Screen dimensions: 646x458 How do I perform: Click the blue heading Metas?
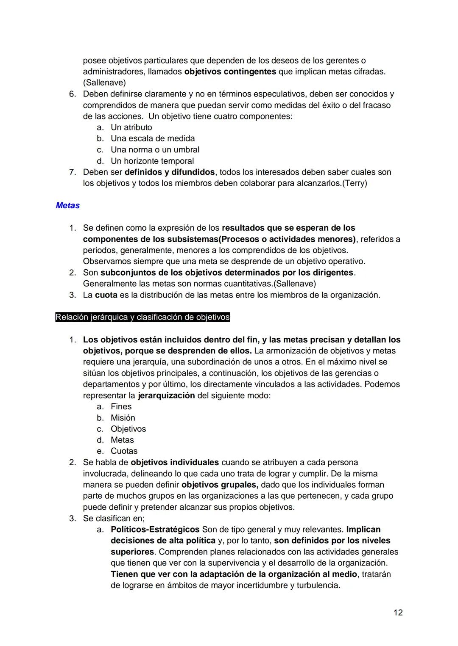67,206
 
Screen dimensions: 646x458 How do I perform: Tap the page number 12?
398,613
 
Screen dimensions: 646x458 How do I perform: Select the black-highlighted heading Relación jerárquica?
142,317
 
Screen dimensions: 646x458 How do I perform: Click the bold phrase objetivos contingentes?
230,72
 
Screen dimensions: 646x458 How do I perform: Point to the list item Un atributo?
131,127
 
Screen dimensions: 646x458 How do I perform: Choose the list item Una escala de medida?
153,138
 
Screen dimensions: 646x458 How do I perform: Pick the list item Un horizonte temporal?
152,161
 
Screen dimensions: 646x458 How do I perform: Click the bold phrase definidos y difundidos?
169,172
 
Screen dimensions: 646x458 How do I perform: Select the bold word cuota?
106,295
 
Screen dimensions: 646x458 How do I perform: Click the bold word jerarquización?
166,395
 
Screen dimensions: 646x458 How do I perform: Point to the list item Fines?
121,406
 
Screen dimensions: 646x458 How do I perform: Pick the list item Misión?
123,418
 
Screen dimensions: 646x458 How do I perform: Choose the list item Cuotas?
124,451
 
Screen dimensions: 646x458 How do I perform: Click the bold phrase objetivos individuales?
175,462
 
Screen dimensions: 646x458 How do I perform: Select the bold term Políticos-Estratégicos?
155,530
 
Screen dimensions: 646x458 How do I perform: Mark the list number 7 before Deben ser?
72,172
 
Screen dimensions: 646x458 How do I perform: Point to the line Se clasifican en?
114,518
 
